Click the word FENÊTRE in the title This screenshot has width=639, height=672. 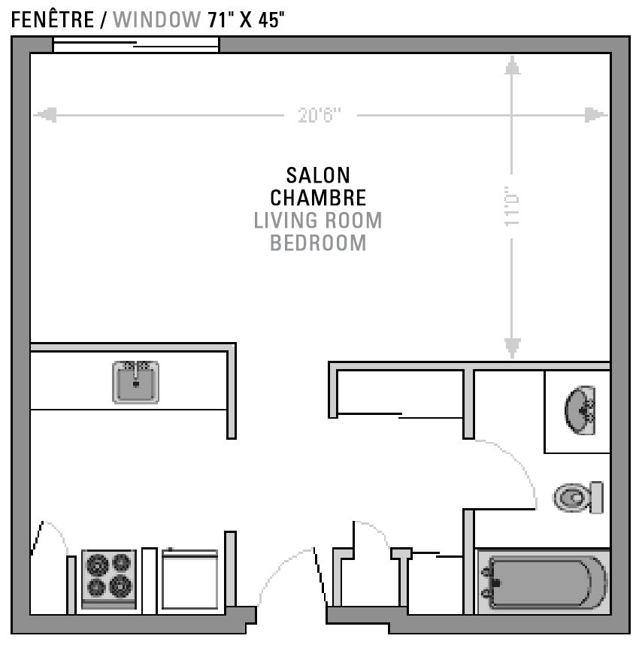coord(53,20)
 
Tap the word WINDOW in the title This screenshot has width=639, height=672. coord(157,20)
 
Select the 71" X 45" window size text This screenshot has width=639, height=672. coord(246,20)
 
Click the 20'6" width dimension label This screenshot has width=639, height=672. coord(319,115)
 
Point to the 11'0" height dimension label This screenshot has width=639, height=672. coord(512,206)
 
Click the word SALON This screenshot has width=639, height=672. coord(318,175)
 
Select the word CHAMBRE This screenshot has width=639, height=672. coord(318,198)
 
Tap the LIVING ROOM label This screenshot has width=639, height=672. coord(318,220)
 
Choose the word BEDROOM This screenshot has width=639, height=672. coord(318,243)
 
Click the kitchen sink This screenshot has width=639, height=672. coord(135,383)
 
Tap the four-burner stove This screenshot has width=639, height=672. coord(109,579)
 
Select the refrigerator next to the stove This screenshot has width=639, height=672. coord(190,579)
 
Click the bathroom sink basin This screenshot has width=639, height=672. coord(580,410)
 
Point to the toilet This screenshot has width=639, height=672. coord(578,497)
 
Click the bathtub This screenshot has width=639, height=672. coord(544,582)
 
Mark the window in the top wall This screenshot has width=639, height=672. coord(135,44)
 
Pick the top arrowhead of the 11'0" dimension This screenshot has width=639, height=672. coord(512,65)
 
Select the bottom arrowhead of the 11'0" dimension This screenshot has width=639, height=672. coord(512,348)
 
